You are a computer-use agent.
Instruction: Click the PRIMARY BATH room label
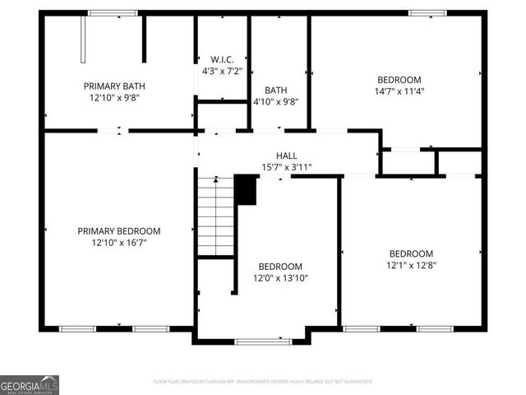pos(114,86)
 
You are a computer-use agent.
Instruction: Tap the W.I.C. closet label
pos(222,59)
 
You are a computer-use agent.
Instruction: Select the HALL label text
pos(286,156)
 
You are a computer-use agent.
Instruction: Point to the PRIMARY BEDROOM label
pos(119,231)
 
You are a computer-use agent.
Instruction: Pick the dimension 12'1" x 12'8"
pos(411,265)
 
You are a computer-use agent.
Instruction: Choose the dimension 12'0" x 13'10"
pos(280,278)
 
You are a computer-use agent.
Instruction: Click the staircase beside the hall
pos(216,218)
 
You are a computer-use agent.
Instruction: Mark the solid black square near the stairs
pos(246,190)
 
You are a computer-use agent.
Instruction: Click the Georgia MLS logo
pos(30,384)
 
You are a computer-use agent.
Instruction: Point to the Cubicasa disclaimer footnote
pos(263,382)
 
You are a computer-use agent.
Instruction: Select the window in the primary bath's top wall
pos(113,12)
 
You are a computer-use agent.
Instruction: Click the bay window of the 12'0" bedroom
pos(263,341)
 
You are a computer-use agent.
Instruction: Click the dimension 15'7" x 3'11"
pos(286,167)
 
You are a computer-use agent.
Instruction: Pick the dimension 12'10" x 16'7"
pos(119,243)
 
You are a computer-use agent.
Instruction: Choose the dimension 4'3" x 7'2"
pos(222,71)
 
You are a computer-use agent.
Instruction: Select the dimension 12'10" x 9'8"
pos(114,97)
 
